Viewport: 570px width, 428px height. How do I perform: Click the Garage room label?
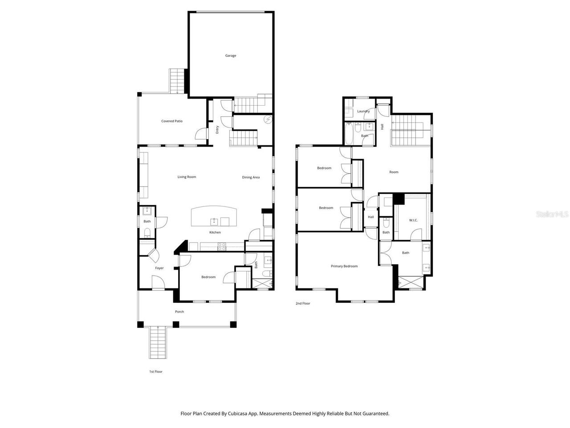tap(230, 56)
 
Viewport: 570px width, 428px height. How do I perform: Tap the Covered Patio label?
tap(171, 121)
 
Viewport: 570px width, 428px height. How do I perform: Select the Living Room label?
tap(187, 177)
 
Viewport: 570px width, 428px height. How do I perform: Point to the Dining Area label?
tap(251, 177)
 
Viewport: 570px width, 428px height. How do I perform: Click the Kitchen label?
tap(215, 232)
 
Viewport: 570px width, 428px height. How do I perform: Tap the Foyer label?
tap(159, 268)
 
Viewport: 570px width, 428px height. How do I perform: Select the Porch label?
tap(179, 312)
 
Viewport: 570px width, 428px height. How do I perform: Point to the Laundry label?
tap(363, 111)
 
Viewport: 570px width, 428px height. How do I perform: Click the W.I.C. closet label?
tap(413, 220)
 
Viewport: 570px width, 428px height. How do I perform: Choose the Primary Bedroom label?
tap(344, 266)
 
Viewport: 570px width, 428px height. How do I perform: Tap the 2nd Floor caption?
tap(303, 304)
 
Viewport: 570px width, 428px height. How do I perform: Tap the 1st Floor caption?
tap(156, 371)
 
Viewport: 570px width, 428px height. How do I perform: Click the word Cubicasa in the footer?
tap(239, 413)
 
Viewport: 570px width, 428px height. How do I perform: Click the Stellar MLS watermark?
tap(552, 214)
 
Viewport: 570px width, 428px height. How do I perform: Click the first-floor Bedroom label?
tap(208, 277)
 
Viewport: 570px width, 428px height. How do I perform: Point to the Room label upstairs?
tap(394, 172)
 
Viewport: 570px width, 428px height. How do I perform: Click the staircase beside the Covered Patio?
tap(177, 81)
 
